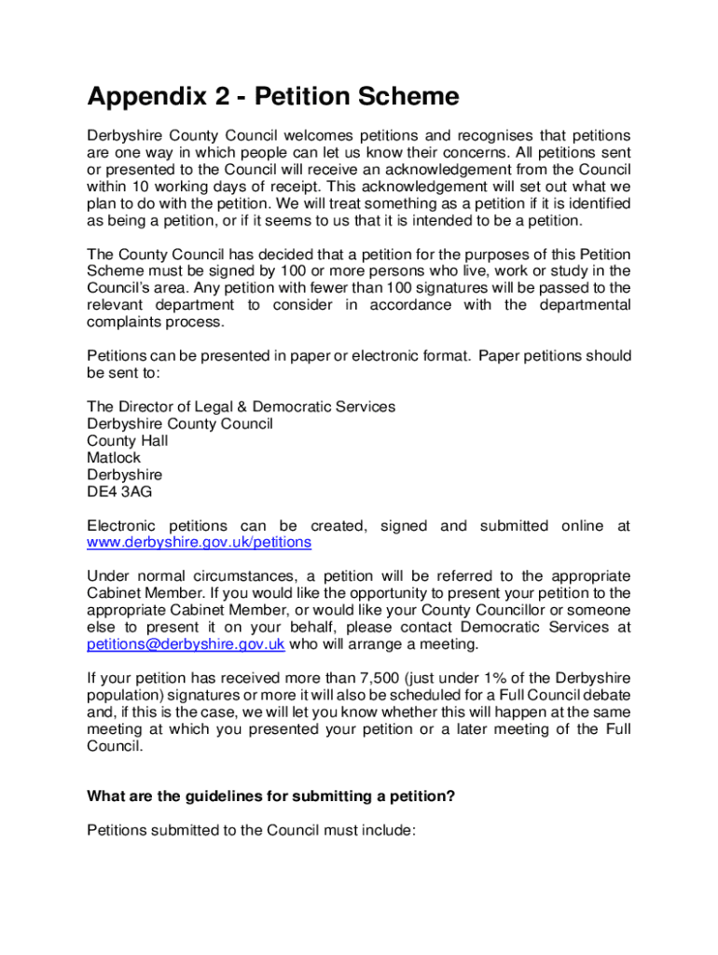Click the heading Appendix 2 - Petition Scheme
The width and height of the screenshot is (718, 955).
273,97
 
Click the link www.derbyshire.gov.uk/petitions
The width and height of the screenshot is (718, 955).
199,543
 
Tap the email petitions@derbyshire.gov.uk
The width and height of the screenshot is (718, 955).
186,644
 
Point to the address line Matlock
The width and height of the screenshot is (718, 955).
114,458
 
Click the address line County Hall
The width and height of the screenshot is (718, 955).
128,441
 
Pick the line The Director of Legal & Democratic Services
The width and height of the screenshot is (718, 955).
241,408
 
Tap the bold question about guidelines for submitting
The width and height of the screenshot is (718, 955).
270,796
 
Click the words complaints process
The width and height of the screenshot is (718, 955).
156,323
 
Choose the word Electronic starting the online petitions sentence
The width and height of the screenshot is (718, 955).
121,526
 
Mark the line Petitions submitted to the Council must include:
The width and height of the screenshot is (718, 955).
250,831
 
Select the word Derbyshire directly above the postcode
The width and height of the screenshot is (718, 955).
124,475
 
